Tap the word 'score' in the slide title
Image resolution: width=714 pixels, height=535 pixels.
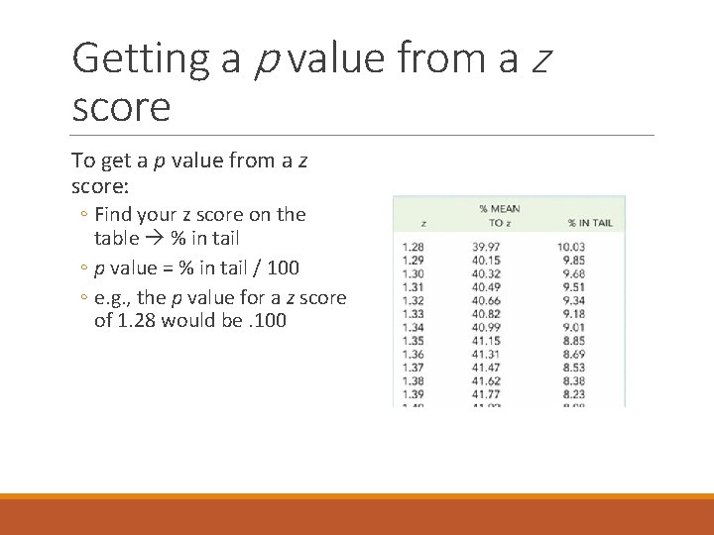coord(121,106)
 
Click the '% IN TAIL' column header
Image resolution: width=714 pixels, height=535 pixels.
coord(590,222)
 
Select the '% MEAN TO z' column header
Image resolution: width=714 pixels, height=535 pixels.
coord(500,215)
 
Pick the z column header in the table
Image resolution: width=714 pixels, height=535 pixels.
coord(423,223)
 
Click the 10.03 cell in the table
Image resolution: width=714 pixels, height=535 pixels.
coord(571,247)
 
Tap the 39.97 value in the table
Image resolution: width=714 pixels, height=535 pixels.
coord(486,247)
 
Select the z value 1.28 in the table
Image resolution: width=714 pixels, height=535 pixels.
coord(413,247)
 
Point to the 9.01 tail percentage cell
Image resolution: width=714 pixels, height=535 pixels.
coord(571,327)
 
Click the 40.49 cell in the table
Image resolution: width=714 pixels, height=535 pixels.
coord(486,287)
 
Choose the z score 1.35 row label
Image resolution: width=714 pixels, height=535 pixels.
coord(413,341)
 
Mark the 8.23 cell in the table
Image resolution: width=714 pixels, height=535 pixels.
coord(571,394)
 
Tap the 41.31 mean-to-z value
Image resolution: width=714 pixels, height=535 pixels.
coord(486,354)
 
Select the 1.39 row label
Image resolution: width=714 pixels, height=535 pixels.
coord(413,394)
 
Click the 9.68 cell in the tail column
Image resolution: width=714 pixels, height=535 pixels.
coord(571,273)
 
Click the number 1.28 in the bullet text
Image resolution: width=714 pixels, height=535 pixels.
coord(134,321)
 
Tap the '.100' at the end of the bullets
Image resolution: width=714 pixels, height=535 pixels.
coord(269,321)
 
